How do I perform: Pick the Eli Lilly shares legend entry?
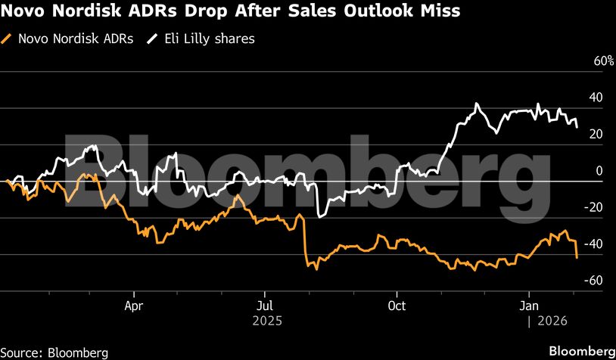tap(206, 39)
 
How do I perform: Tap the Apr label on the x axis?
tap(134, 306)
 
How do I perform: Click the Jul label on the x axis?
tap(264, 306)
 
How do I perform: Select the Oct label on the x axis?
tap(397, 306)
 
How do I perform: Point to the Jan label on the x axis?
tap(528, 306)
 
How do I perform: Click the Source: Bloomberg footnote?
tap(54, 352)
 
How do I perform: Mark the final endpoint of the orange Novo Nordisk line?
tap(577, 259)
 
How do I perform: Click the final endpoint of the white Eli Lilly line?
tap(577, 126)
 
